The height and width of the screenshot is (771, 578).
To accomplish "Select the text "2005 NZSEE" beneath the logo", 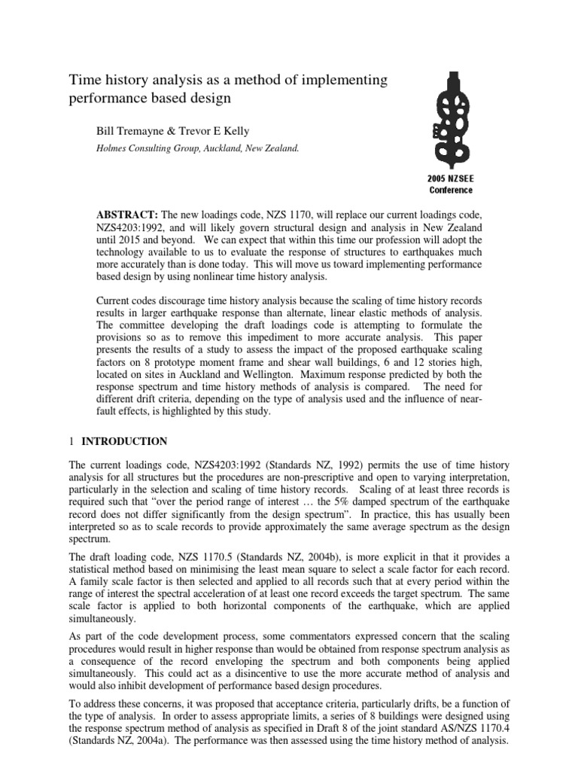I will [452, 180].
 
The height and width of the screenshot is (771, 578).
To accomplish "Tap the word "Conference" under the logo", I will [452, 190].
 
